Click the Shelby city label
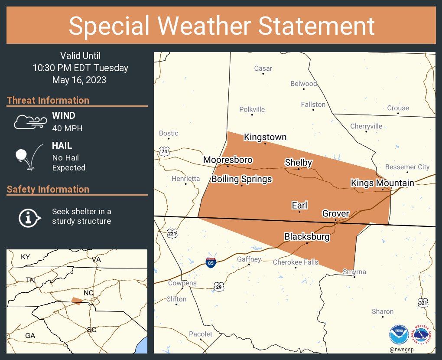(x=298, y=163)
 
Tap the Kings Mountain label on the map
(x=382, y=183)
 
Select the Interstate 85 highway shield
(x=211, y=262)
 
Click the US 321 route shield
(x=423, y=303)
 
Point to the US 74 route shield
(x=164, y=151)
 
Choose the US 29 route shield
(x=219, y=286)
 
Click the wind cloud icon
(x=29, y=122)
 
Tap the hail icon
(x=29, y=157)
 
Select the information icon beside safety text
(x=29, y=216)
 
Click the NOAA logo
(x=399, y=335)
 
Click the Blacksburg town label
(x=307, y=237)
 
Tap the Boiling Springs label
(x=241, y=179)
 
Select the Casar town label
(x=263, y=69)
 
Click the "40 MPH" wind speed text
(x=67, y=128)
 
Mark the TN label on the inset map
(x=30, y=280)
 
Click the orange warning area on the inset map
(x=76, y=301)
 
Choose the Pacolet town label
(x=201, y=334)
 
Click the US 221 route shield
(x=172, y=233)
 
